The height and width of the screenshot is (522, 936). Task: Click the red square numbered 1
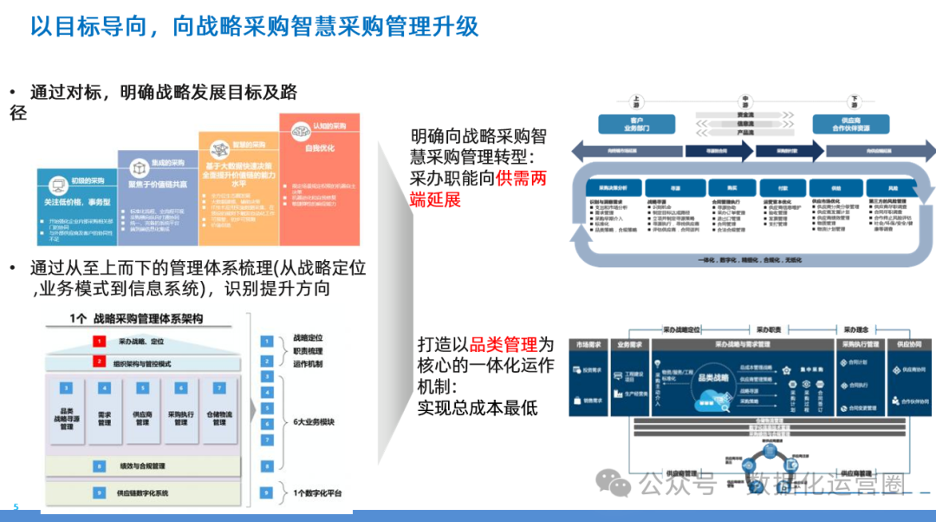pyautogui.click(x=100, y=342)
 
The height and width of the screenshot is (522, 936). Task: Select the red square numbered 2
pyautogui.click(x=100, y=362)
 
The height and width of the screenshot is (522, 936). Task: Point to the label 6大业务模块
pyautogui.click(x=315, y=422)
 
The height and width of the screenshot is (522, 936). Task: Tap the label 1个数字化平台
pyautogui.click(x=317, y=493)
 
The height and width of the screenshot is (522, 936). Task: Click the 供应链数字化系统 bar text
pyautogui.click(x=143, y=493)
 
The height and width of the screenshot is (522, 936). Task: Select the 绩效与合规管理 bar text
pyautogui.click(x=143, y=466)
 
